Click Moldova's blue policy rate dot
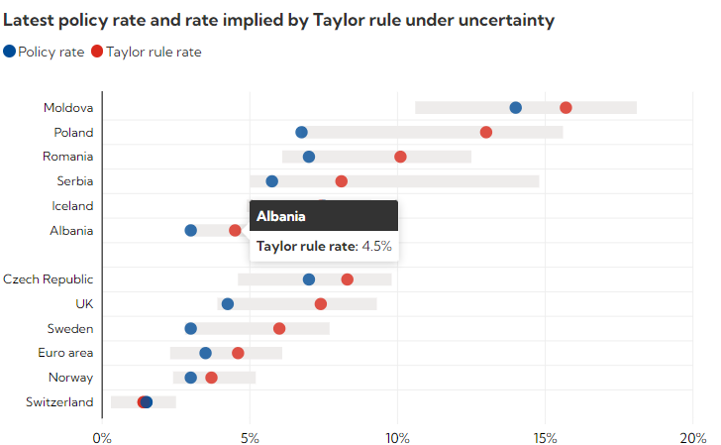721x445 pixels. tap(515, 108)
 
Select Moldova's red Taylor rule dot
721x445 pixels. tap(566, 108)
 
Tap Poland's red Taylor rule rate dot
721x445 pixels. tap(485, 132)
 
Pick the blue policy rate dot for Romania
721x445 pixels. tap(309, 157)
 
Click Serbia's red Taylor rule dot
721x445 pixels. tap(342, 181)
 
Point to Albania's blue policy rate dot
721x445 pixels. tap(190, 231)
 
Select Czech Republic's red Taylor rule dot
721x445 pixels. tap(347, 279)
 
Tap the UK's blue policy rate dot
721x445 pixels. tap(228, 304)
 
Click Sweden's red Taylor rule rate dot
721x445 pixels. tap(279, 329)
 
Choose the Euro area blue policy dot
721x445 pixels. tap(205, 353)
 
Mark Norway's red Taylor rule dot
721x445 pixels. tap(211, 378)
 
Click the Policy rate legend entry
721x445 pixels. tap(44, 52)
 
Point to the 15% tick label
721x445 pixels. tap(544, 437)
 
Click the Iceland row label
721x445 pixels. tap(72, 206)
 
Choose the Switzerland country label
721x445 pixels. tap(59, 402)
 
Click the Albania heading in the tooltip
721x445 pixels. tap(281, 216)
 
